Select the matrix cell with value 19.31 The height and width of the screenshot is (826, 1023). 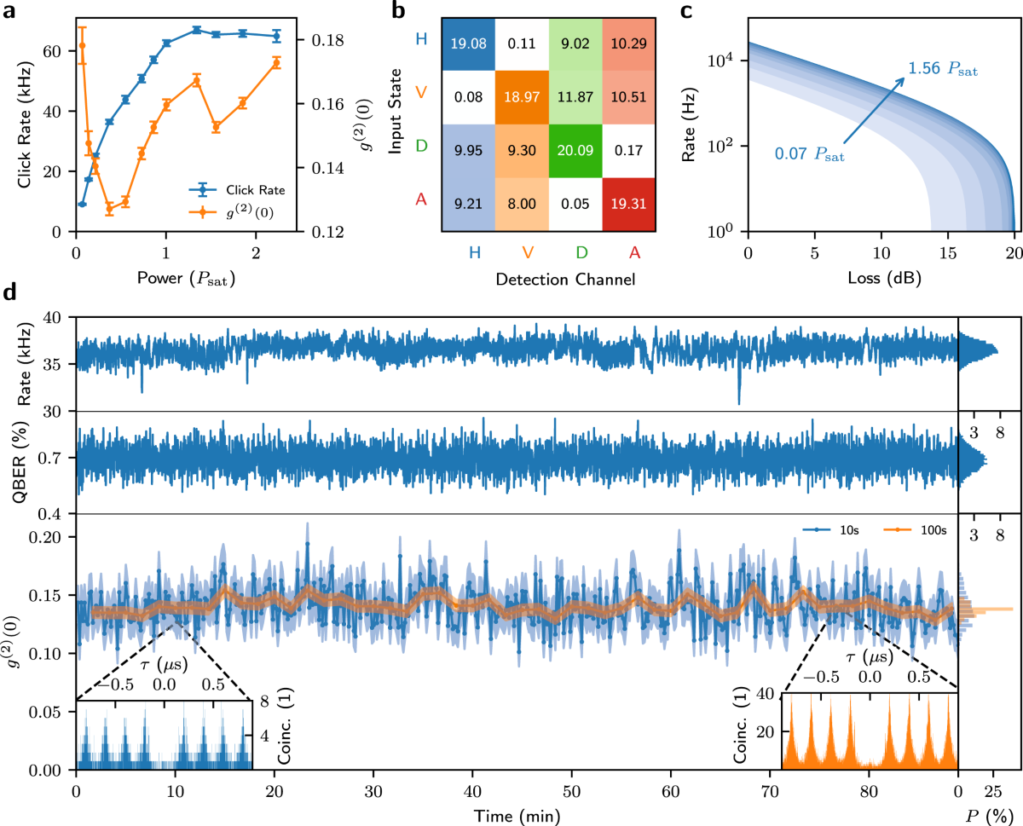[x=630, y=205]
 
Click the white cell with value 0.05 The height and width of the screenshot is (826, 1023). [x=575, y=205]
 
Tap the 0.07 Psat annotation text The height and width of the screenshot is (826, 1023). [x=809, y=154]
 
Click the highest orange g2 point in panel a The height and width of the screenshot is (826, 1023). [x=82, y=45]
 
